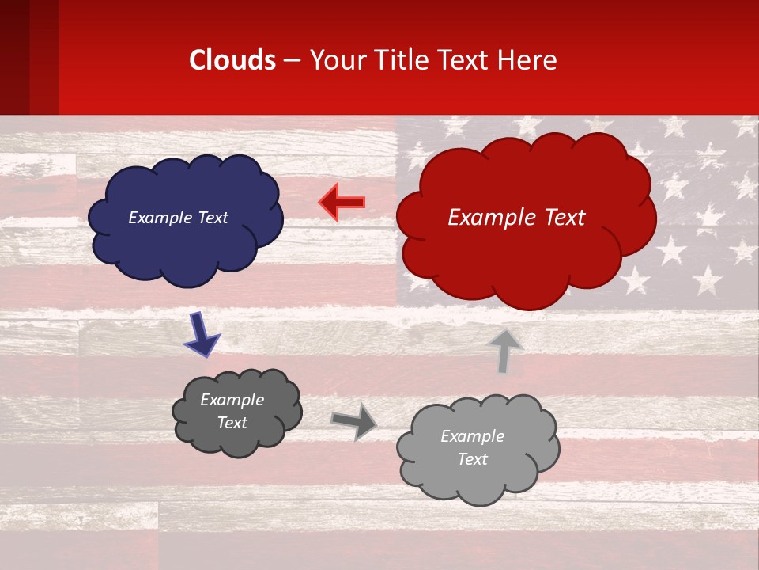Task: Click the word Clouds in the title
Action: [x=232, y=60]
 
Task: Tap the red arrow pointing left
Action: [x=342, y=203]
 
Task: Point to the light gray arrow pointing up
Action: [x=504, y=351]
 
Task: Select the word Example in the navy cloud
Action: [x=160, y=218]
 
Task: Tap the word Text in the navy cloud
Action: [x=212, y=218]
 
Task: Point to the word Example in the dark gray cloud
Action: [x=232, y=400]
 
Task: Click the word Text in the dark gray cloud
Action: [x=232, y=423]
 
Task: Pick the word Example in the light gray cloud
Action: [x=472, y=436]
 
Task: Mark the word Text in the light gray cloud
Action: [x=472, y=459]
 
